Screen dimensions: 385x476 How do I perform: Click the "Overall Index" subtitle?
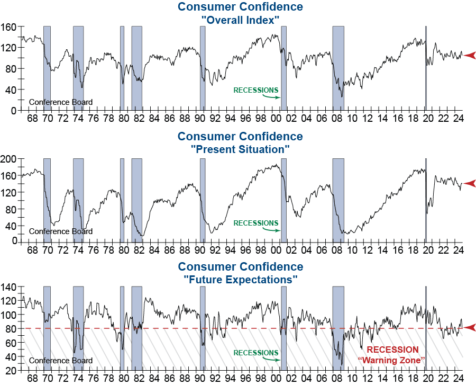click(x=240, y=20)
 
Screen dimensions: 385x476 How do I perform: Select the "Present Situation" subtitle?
click(x=240, y=150)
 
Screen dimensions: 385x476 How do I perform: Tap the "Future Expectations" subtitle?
click(x=240, y=279)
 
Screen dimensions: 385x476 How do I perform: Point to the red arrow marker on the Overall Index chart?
click(x=470, y=55)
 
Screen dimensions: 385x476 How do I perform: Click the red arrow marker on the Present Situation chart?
click(x=470, y=183)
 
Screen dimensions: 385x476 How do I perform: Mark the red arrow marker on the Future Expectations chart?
click(x=470, y=327)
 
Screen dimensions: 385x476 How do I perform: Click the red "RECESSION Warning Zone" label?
click(x=392, y=355)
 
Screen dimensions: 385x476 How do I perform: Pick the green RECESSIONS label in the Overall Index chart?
click(x=255, y=90)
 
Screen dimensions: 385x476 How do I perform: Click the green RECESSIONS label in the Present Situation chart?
click(x=255, y=223)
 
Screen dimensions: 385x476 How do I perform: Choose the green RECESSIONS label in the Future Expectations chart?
click(x=255, y=353)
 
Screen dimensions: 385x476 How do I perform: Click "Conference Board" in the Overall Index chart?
click(x=60, y=102)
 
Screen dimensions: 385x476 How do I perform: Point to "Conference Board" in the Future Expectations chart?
click(x=60, y=361)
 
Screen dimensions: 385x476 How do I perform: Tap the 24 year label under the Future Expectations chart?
click(x=458, y=378)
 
